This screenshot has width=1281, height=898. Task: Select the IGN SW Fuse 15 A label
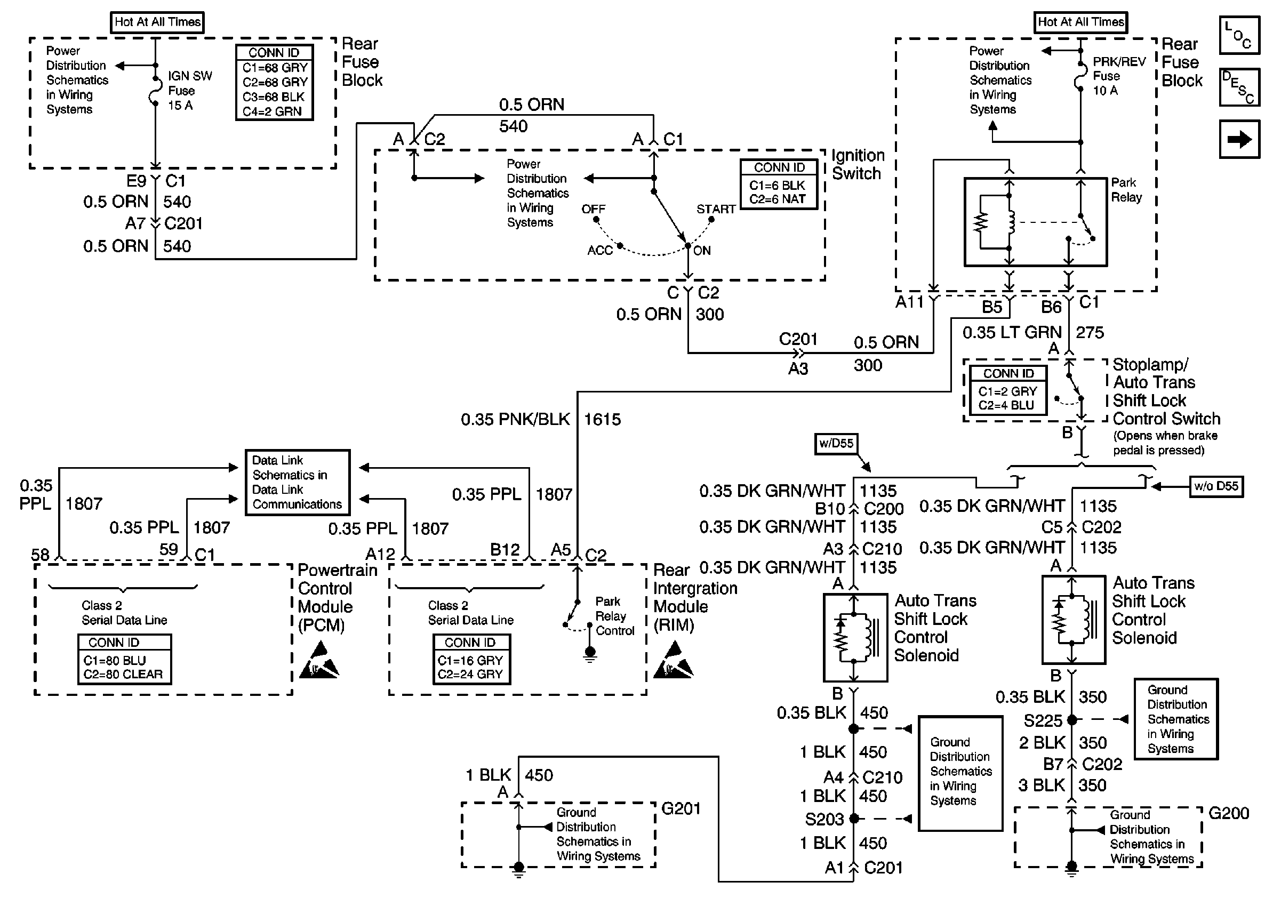pos(190,90)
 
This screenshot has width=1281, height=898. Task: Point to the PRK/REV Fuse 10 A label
pos(1118,76)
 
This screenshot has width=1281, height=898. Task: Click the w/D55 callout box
pos(836,444)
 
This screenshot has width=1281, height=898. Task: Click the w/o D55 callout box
pos(1216,486)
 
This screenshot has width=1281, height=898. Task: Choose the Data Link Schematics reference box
pos(298,483)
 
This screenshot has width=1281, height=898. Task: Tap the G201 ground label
pos(680,808)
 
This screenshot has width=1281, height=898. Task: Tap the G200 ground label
pos(1228,813)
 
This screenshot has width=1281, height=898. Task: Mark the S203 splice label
pos(823,820)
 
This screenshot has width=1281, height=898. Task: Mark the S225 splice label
pos(1042,720)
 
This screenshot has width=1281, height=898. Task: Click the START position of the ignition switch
pos(715,209)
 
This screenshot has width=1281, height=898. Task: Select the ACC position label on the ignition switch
pos(600,251)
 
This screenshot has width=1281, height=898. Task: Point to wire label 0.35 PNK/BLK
pos(515,420)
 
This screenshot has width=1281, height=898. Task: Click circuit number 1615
pos(602,420)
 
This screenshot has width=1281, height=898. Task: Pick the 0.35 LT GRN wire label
pos(1012,332)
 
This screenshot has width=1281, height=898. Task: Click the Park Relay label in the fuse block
pos(1126,190)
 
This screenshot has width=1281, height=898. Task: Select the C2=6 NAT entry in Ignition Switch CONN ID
pos(777,199)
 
